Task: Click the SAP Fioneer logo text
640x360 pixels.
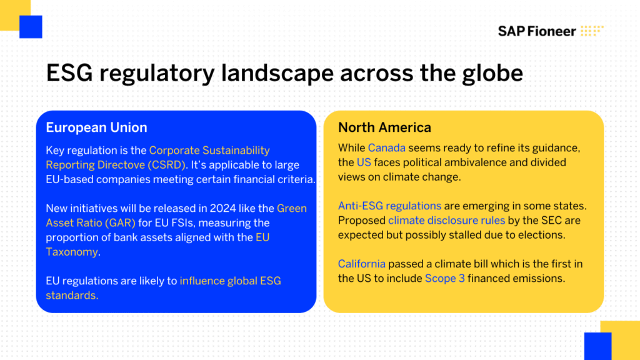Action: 537,31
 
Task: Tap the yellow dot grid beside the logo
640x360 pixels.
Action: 592,31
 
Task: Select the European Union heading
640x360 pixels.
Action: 96,127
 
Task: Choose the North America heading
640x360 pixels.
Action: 384,127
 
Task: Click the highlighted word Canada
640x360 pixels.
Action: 386,147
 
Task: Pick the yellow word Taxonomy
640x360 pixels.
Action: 72,252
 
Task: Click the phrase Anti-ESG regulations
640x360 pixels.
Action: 389,206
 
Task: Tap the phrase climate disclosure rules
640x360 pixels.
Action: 446,221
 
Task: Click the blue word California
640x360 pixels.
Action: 362,264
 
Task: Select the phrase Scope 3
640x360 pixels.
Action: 445,278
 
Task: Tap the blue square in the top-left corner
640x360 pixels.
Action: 31,27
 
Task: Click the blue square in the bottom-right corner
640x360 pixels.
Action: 597,346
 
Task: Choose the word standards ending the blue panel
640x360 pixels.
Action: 71,296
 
